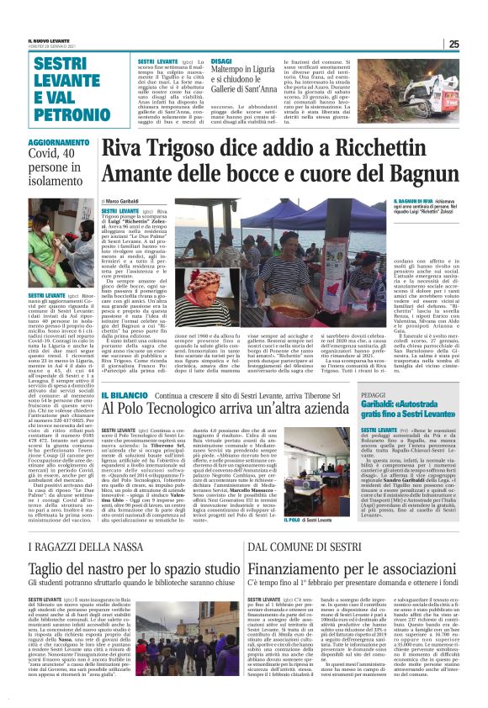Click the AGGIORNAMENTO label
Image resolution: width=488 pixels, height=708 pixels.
tap(58, 144)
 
